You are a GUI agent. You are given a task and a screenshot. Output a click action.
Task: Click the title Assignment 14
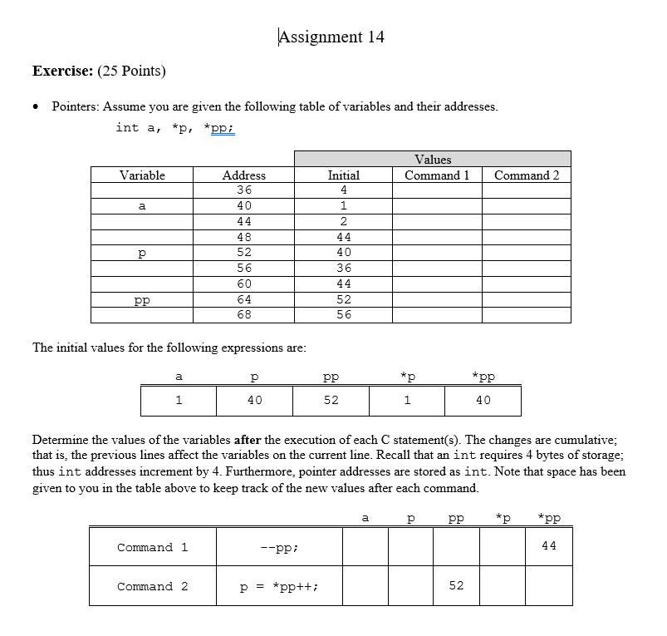(331, 37)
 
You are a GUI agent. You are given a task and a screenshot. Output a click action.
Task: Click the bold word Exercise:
(62, 71)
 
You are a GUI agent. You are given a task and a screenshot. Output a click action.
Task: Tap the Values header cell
(432, 159)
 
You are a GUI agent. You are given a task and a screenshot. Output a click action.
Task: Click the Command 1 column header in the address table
(437, 175)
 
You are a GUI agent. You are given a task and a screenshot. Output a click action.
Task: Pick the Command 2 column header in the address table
(527, 175)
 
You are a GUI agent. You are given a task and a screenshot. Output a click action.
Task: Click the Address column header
(244, 175)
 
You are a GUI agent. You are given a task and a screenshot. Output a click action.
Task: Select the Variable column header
(142, 175)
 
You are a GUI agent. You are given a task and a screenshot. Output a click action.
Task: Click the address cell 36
(244, 190)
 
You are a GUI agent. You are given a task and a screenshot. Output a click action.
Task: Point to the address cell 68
(244, 315)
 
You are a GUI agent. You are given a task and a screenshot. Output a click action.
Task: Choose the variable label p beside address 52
(142, 253)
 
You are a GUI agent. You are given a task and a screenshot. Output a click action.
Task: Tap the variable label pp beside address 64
(142, 299)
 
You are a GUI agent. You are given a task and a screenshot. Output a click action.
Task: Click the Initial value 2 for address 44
(344, 221)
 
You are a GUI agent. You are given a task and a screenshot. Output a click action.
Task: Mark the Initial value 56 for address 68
(344, 315)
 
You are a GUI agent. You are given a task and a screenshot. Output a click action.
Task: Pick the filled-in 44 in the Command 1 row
(548, 546)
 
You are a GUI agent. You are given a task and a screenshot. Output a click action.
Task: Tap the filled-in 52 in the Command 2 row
(456, 585)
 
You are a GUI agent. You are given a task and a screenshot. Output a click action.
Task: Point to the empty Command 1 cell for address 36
(437, 190)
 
